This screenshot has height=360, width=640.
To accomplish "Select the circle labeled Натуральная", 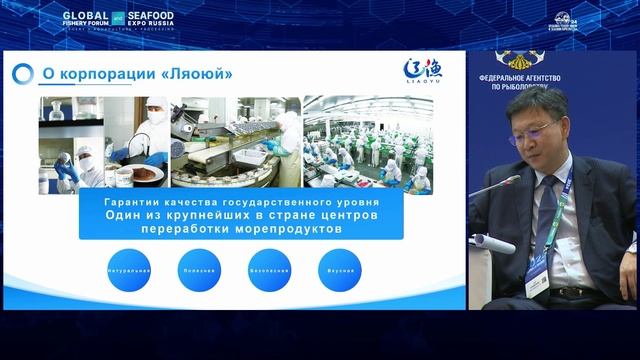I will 130,270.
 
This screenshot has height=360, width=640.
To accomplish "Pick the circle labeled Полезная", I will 200,270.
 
